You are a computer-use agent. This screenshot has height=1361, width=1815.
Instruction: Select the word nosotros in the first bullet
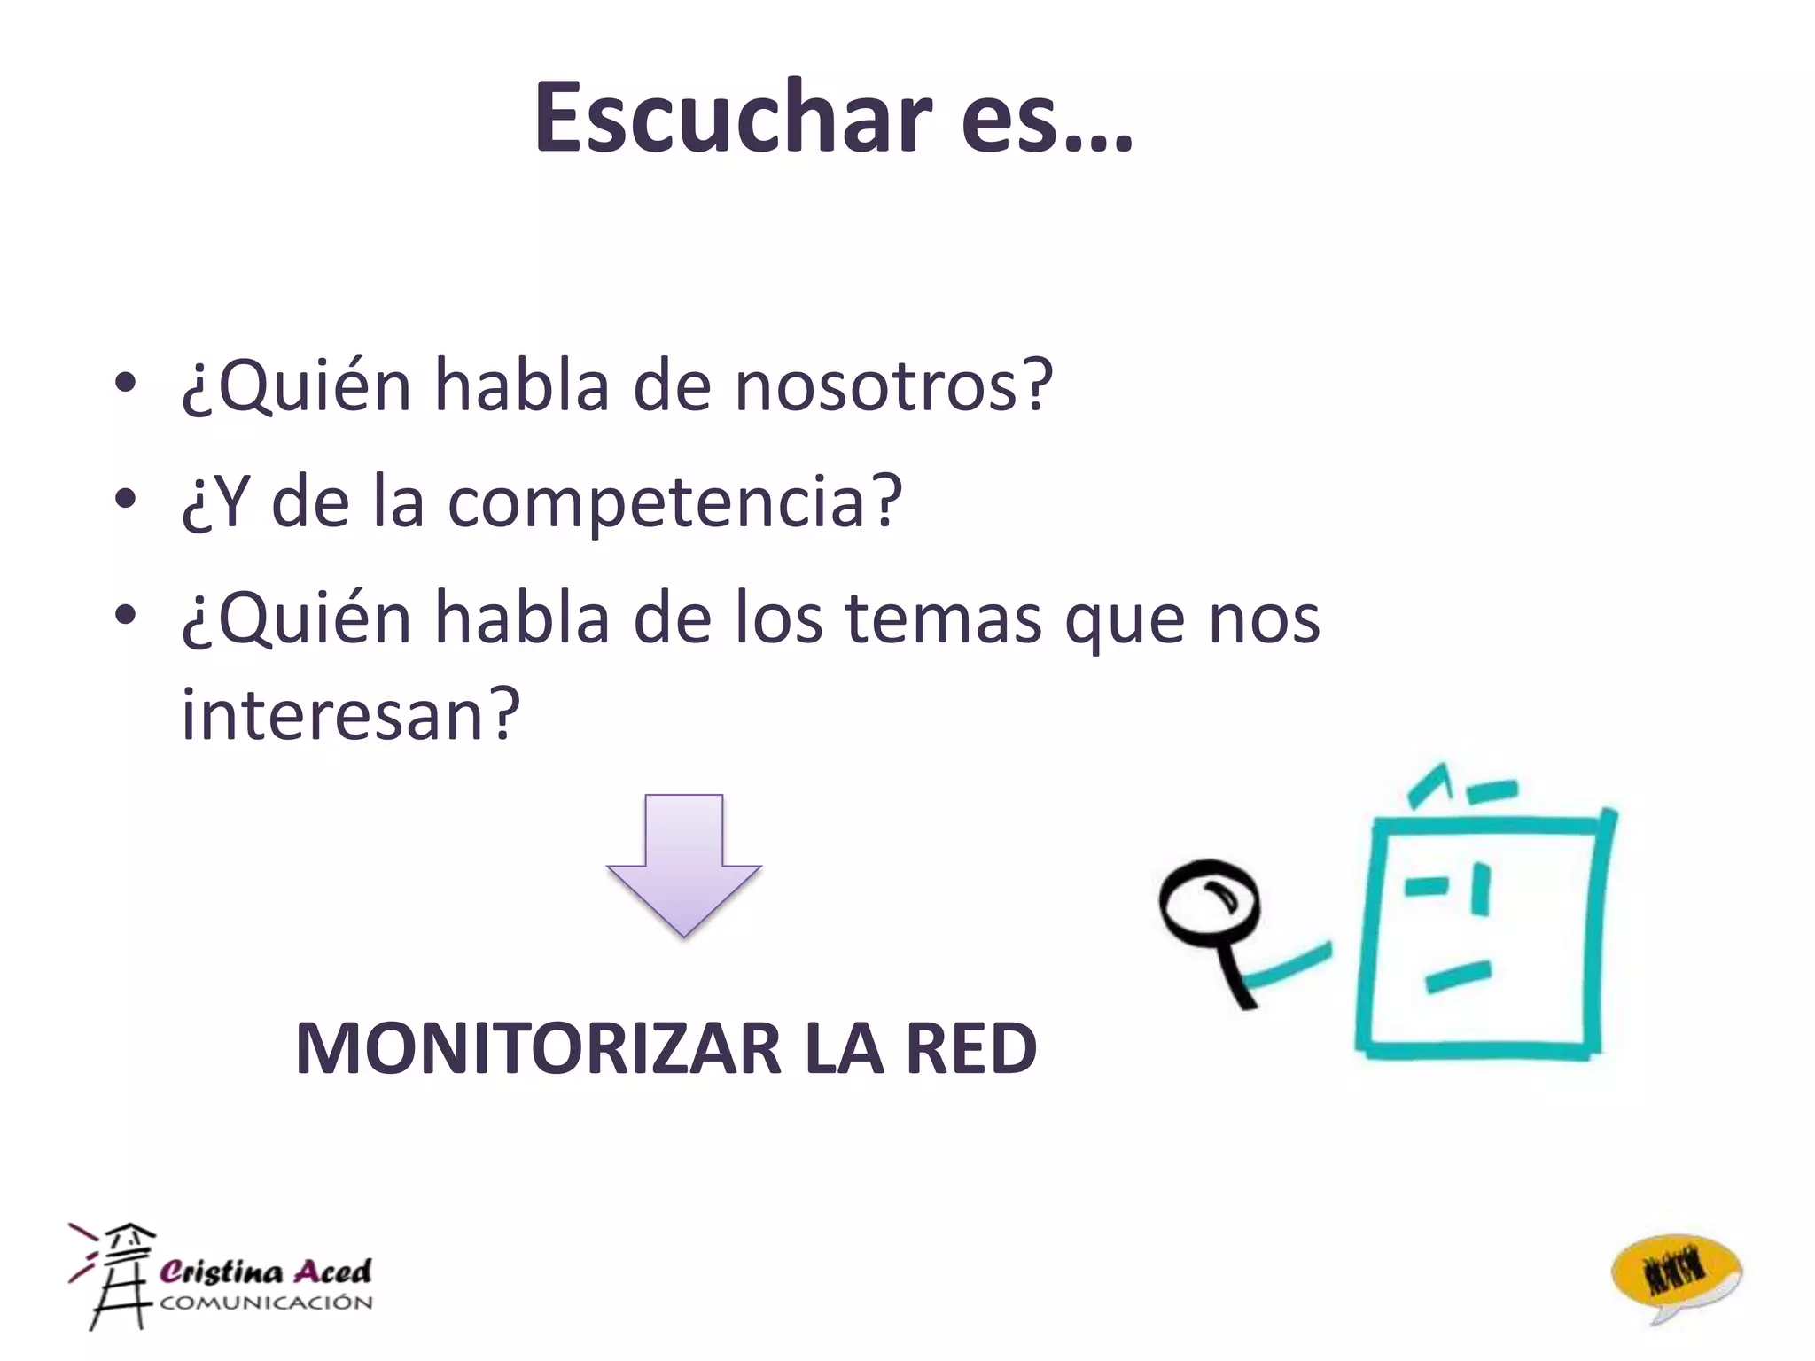(893, 386)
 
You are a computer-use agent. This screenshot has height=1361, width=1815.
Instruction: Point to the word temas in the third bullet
(943, 618)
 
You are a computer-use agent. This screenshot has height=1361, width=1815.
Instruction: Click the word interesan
(351, 714)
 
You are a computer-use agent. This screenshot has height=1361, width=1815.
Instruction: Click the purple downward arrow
(683, 864)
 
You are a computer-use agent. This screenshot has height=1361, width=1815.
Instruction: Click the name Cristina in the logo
(222, 1272)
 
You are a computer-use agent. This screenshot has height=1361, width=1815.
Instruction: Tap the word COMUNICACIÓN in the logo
(266, 1303)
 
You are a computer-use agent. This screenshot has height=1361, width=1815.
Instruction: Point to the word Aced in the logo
(332, 1272)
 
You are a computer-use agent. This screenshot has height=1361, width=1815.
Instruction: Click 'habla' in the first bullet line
(522, 386)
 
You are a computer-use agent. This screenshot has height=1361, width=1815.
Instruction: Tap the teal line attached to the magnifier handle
(1289, 966)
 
